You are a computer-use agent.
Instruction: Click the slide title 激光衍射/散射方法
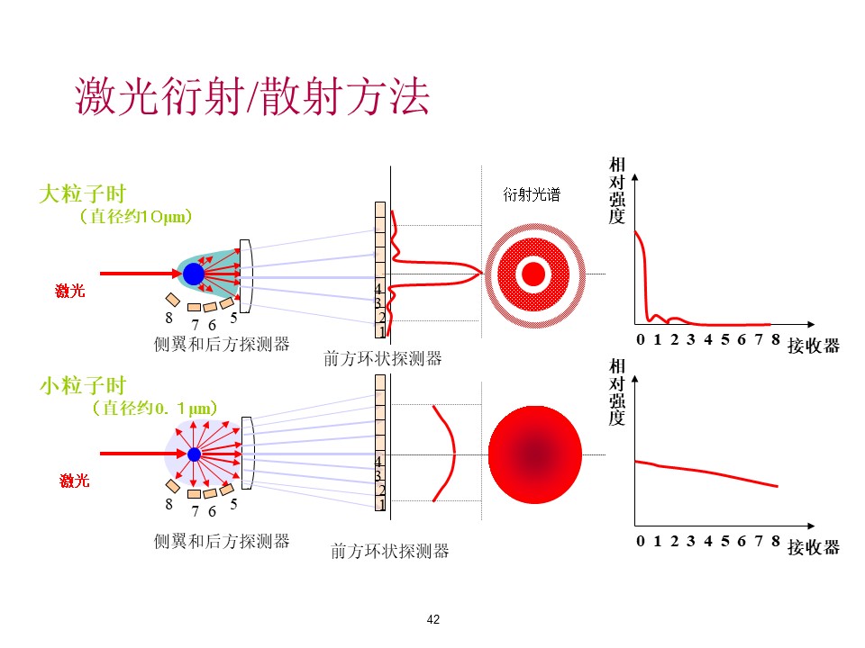pos(252,96)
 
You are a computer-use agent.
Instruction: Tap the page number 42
pos(433,619)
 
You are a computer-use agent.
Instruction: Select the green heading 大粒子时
pos(83,194)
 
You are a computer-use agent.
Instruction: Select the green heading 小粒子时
pos(83,385)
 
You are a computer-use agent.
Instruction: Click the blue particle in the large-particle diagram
pos(194,274)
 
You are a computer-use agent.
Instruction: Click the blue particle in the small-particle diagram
pos(195,454)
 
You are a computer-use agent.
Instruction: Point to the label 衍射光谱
pos(532,194)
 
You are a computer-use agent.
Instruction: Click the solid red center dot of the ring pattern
pos(533,274)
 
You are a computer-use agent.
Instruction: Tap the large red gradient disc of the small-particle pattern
pos(535,454)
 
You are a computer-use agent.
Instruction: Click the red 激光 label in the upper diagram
pos(70,291)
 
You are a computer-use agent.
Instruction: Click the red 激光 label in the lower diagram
pos(75,481)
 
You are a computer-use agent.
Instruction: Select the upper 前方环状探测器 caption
pos(382,359)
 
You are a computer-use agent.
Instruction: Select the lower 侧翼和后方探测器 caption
pos(222,541)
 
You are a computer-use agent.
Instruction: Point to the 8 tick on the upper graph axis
pos(776,339)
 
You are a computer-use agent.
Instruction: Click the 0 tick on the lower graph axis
pos(640,541)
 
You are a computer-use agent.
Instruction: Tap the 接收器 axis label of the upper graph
pos(814,346)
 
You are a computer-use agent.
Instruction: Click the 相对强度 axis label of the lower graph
pos(616,391)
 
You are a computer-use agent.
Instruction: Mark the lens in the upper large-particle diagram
pos(245,276)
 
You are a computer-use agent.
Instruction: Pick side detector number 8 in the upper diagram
pos(173,299)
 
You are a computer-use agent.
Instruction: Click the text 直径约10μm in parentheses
pos(136,216)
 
